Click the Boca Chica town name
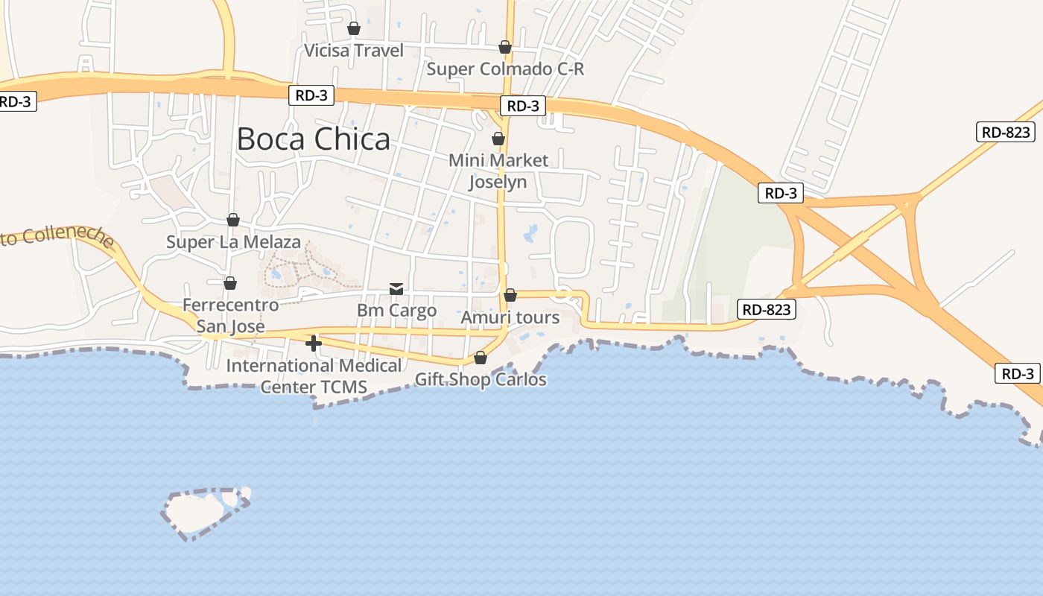[313, 139]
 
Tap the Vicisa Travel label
[354, 51]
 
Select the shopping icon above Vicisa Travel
[354, 29]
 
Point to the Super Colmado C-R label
[505, 69]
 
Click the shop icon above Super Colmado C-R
[505, 48]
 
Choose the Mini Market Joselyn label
[498, 171]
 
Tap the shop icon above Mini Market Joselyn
[498, 139]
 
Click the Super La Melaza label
[233, 242]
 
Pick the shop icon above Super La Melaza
[233, 220]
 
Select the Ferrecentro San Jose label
[230, 316]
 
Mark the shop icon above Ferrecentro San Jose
[230, 283]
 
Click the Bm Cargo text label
[396, 310]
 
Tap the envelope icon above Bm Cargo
[396, 289]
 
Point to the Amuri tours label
[510, 317]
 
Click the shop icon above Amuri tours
[510, 296]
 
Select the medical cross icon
[314, 343]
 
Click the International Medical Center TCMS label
[314, 376]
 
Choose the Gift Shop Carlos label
[481, 379]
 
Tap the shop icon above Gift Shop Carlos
[481, 358]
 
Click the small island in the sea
[195, 512]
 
